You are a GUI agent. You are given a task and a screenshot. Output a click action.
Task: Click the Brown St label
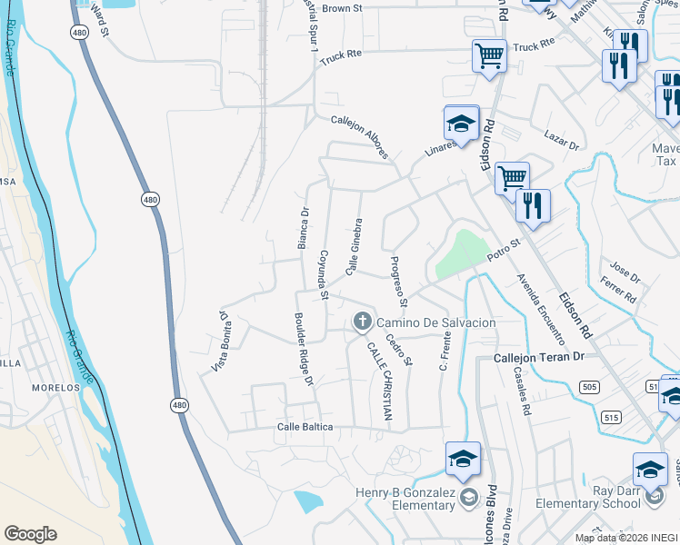pos(342,8)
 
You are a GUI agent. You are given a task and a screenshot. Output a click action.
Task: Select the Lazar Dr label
pos(562,139)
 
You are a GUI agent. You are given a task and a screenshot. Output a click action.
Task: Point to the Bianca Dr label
pos(304,227)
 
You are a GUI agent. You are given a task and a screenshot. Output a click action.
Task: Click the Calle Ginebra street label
pos(354,246)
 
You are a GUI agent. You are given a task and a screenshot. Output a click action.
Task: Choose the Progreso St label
pos(397,280)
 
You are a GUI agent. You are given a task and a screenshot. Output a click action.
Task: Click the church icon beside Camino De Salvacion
pos(362,321)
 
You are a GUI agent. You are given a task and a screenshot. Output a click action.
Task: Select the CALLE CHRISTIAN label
pos(380,381)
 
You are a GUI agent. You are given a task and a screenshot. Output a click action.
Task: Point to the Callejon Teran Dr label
pos(538,358)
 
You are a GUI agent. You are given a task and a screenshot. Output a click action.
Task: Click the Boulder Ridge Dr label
pos(303,350)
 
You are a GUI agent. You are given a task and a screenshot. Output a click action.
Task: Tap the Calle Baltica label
pos(305,427)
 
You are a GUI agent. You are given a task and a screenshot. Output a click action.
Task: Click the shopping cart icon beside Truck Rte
pos(489,56)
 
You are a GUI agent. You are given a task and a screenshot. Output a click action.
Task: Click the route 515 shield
pos(609,418)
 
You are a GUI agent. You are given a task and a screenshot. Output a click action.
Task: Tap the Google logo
pos(30,534)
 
